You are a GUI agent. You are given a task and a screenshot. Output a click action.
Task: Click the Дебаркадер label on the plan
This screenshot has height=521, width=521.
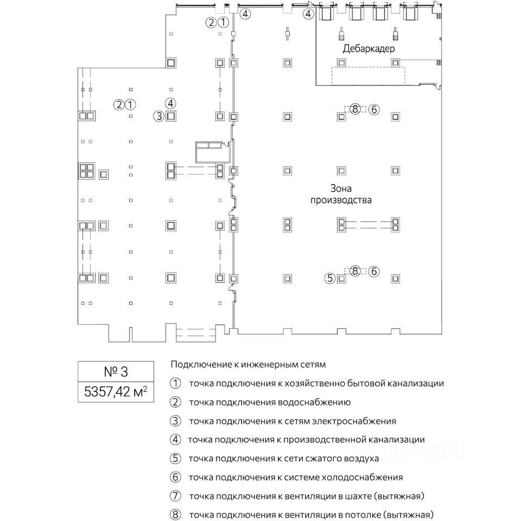click(x=368, y=49)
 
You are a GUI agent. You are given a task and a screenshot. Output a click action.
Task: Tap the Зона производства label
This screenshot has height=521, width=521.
click(x=341, y=194)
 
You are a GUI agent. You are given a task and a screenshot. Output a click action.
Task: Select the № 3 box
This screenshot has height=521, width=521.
click(x=116, y=372)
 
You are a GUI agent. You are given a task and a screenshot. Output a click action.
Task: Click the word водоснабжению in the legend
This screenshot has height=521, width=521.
click(x=321, y=402)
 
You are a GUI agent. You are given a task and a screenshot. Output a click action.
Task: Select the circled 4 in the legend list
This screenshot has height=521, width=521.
click(x=175, y=440)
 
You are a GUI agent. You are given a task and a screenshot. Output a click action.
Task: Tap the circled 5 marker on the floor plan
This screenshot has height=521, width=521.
click(x=330, y=278)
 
